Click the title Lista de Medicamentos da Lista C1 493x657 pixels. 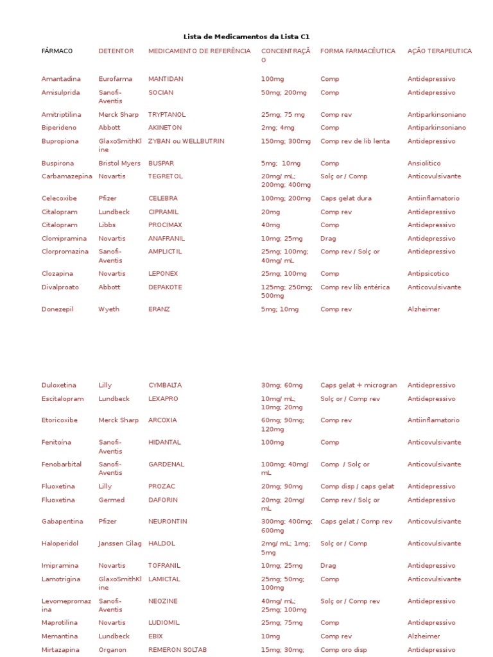pyautogui.click(x=246, y=37)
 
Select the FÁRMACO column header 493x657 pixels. pyautogui.click(x=57, y=51)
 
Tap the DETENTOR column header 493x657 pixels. pyautogui.click(x=116, y=51)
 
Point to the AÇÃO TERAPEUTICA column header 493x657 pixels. pyautogui.click(x=439, y=51)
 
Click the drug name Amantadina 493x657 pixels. pyautogui.click(x=61, y=79)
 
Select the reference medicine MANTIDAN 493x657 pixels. pyautogui.click(x=166, y=79)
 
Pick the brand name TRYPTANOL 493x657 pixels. pyautogui.click(x=167, y=114)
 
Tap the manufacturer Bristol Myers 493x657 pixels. pyautogui.click(x=119, y=163)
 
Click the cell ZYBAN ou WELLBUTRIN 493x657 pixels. pyautogui.click(x=186, y=141)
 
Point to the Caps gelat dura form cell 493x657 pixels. pyautogui.click(x=345, y=198)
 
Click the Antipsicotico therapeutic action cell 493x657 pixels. pyautogui.click(x=428, y=273)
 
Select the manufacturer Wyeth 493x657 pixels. pyautogui.click(x=109, y=309)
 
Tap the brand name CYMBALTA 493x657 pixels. pyautogui.click(x=165, y=385)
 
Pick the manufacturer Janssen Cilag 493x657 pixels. pyautogui.click(x=120, y=543)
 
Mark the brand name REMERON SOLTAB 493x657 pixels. pyautogui.click(x=177, y=649)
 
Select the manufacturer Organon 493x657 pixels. pyautogui.click(x=114, y=649)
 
